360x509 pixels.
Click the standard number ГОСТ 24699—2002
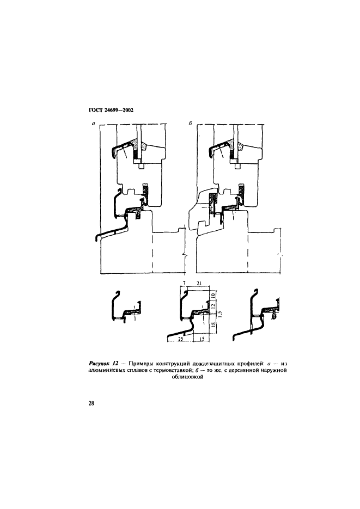(x=111, y=110)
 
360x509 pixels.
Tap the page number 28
(x=91, y=403)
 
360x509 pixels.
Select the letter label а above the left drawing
(x=93, y=124)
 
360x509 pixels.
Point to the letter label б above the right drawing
(x=191, y=124)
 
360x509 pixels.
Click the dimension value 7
(x=184, y=284)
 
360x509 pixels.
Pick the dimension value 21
(x=199, y=284)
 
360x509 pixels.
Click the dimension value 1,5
(x=220, y=314)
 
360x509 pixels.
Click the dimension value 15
(x=202, y=339)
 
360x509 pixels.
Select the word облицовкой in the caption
(x=187, y=377)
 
